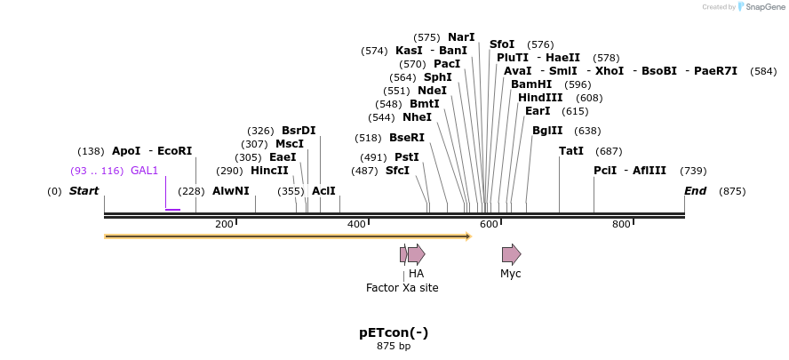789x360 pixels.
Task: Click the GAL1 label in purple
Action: pos(144,171)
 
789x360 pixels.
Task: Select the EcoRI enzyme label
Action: pos(174,151)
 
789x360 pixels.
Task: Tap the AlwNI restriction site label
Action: pos(231,191)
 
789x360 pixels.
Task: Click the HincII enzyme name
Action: pos(269,171)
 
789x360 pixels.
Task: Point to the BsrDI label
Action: pos(299,131)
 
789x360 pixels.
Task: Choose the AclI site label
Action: pos(323,191)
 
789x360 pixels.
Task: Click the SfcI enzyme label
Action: pos(397,171)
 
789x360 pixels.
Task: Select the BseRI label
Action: pos(407,138)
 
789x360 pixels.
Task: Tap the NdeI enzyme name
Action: pos(432,91)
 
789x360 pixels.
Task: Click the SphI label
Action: pos(437,77)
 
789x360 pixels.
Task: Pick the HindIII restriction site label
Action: pos(540,98)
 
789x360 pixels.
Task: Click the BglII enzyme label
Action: pos(547,131)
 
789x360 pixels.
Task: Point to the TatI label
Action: pos(571,151)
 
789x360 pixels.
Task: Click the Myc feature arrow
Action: pos(511,255)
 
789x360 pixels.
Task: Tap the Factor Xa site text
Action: pos(402,288)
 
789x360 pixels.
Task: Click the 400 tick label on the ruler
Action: pos(356,224)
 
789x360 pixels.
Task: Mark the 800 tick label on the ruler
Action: pos(621,224)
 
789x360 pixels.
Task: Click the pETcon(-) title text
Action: pos(394,332)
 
